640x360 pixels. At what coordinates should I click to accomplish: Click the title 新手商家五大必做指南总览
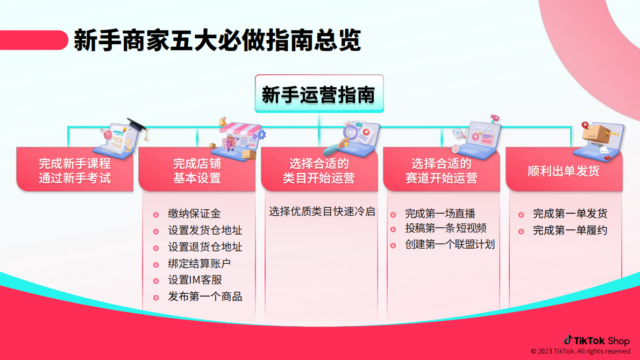217,40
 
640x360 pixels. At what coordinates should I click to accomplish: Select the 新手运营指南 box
318,95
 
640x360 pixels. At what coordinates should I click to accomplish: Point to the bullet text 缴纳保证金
194,214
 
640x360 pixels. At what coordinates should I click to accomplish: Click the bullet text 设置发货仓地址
205,230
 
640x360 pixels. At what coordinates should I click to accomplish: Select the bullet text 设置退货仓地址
205,247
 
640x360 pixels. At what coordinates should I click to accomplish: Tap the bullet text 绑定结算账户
200,264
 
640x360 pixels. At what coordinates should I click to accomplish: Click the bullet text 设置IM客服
195,280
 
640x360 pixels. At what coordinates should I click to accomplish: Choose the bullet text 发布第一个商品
205,297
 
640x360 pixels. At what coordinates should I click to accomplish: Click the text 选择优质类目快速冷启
322,211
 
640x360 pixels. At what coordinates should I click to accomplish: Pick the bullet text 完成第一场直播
440,214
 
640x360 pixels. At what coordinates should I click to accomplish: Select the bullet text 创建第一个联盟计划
450,244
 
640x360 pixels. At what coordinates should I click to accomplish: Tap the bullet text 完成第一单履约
570,230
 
